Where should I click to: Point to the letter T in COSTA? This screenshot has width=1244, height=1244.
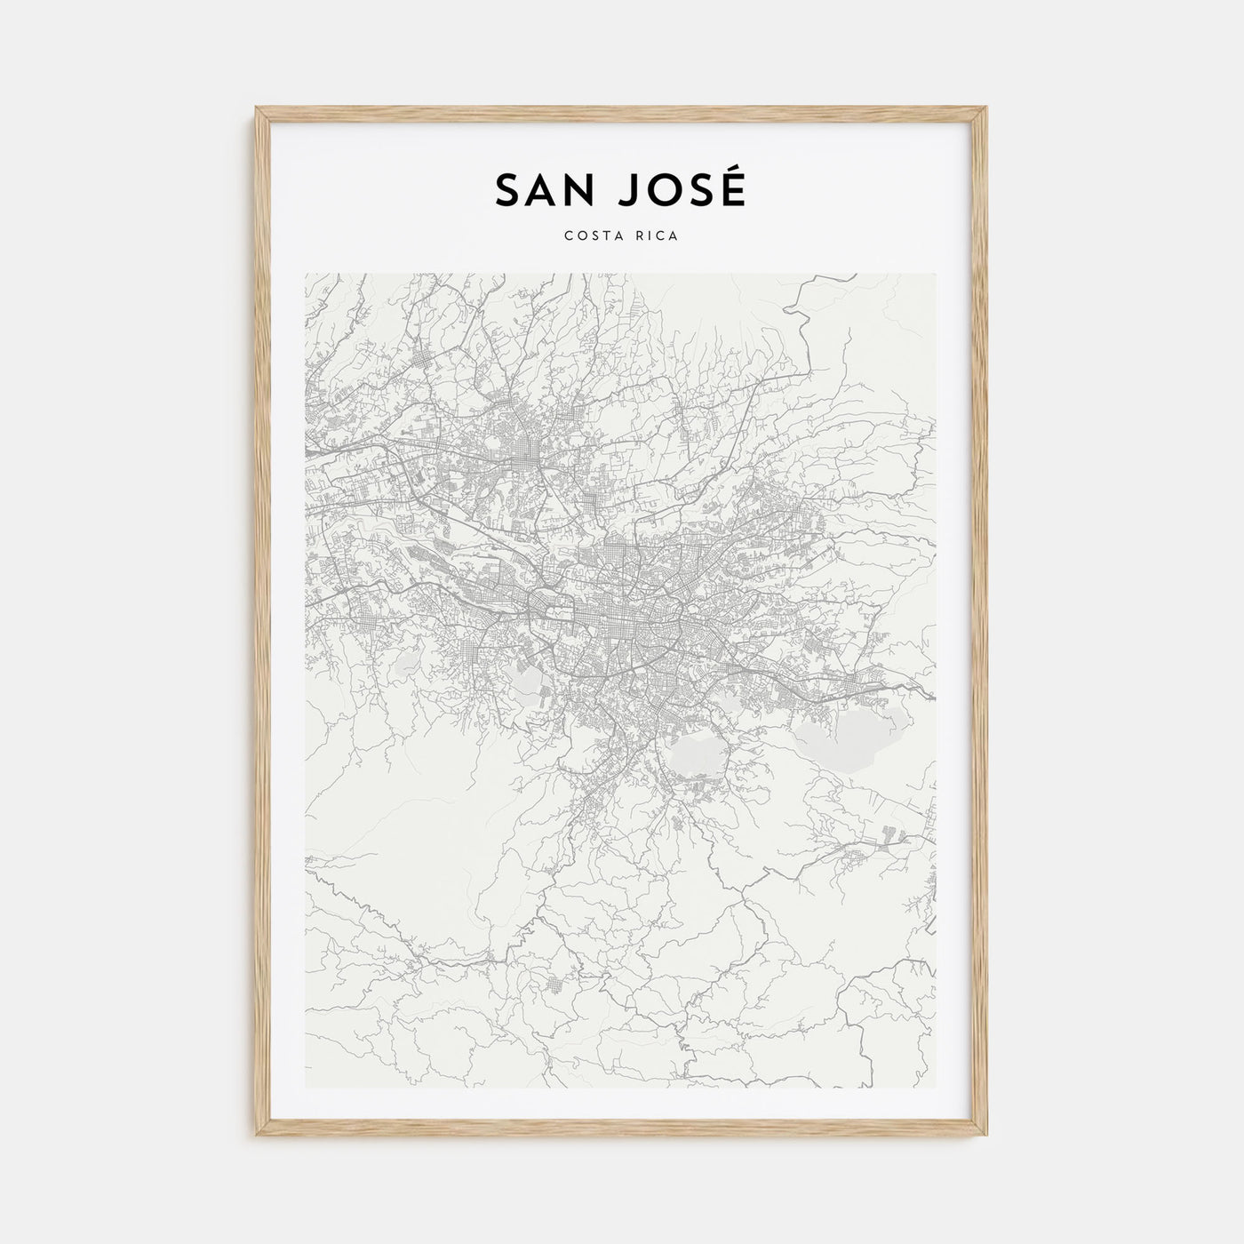click(607, 236)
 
